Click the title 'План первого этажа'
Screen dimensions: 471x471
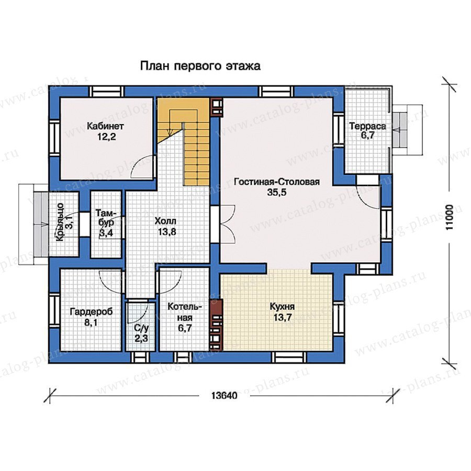pyautogui.click(x=200, y=66)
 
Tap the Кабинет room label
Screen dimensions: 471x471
pyautogui.click(x=105, y=126)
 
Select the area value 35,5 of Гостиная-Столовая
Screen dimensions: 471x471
pyautogui.click(x=277, y=192)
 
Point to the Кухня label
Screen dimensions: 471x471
pyautogui.click(x=282, y=307)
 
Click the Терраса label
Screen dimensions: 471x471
pyautogui.click(x=367, y=126)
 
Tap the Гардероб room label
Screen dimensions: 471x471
pyautogui.click(x=91, y=312)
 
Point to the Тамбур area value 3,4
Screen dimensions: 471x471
pyautogui.click(x=106, y=232)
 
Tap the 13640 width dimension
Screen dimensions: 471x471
pyautogui.click(x=225, y=395)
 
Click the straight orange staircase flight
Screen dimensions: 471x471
pyautogui.click(x=196, y=154)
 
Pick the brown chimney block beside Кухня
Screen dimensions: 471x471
pyautogui.click(x=216, y=324)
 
